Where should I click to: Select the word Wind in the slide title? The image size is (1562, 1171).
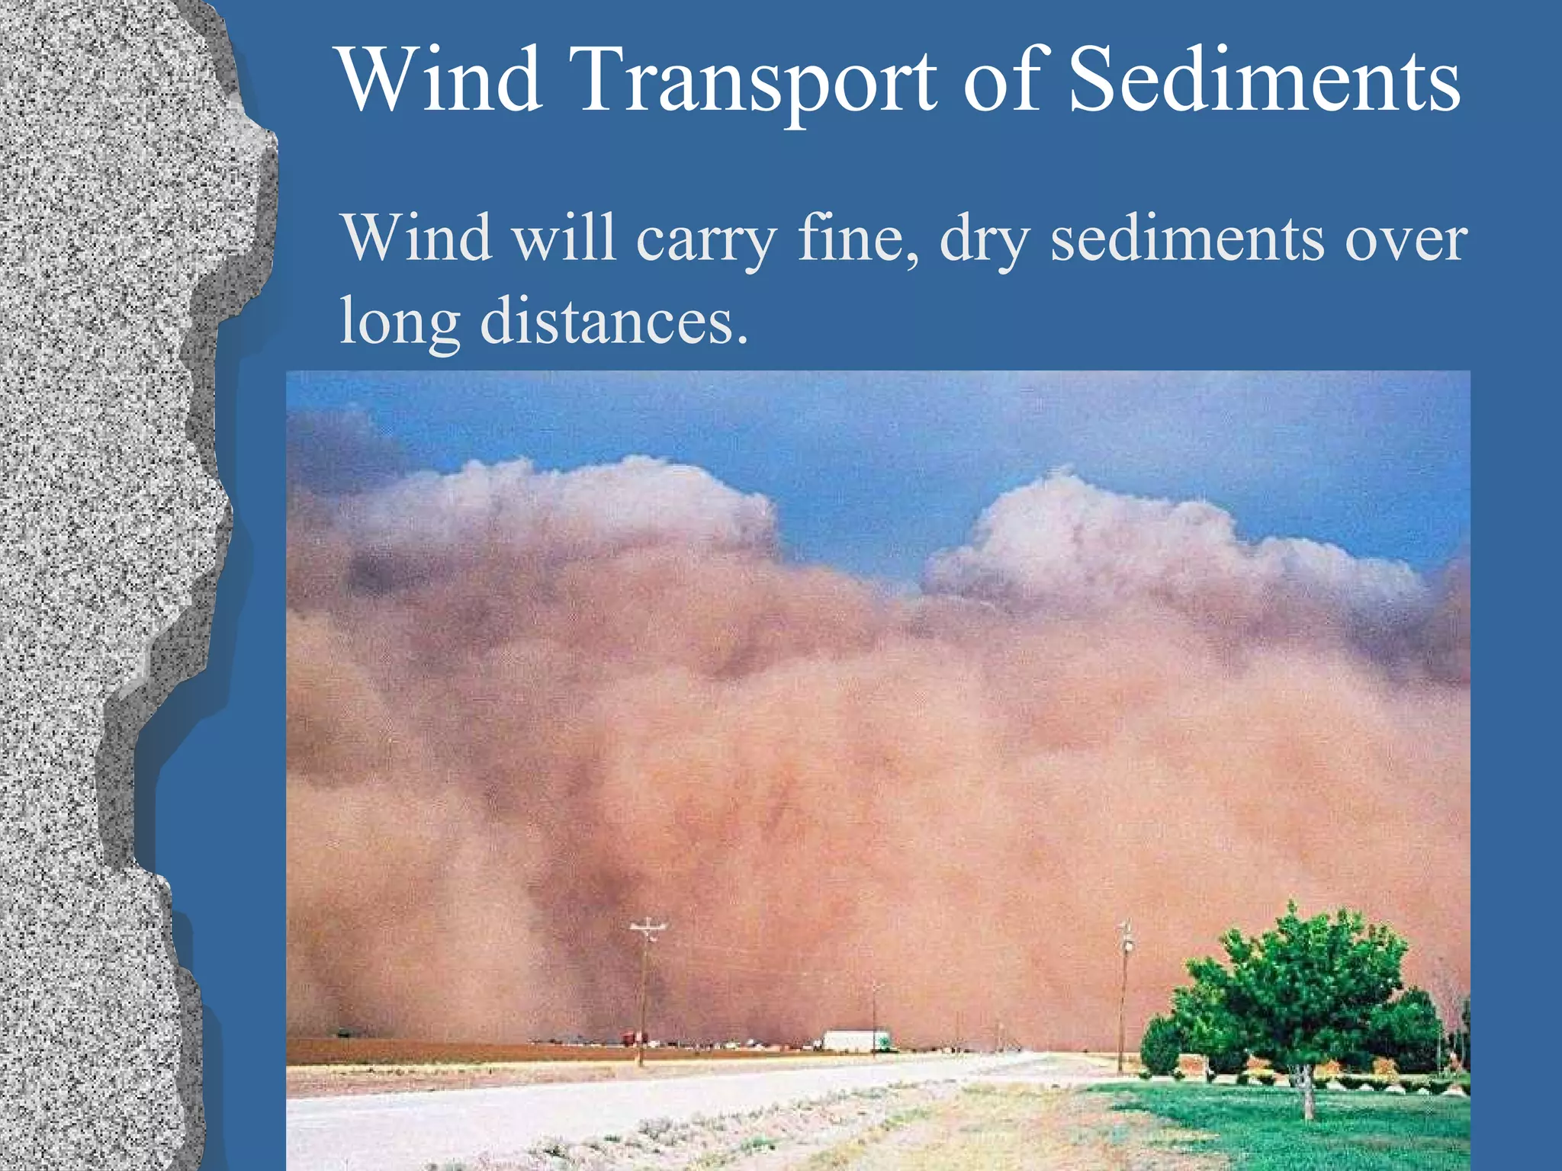click(x=440, y=80)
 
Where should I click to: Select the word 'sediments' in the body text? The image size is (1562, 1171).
click(x=1187, y=238)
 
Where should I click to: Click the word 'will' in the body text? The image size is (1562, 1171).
click(x=563, y=238)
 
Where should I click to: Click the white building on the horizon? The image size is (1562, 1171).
click(x=856, y=1041)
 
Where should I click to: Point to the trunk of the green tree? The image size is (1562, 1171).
click(x=1306, y=1090)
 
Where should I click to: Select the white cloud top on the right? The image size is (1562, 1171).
click(x=1068, y=518)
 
